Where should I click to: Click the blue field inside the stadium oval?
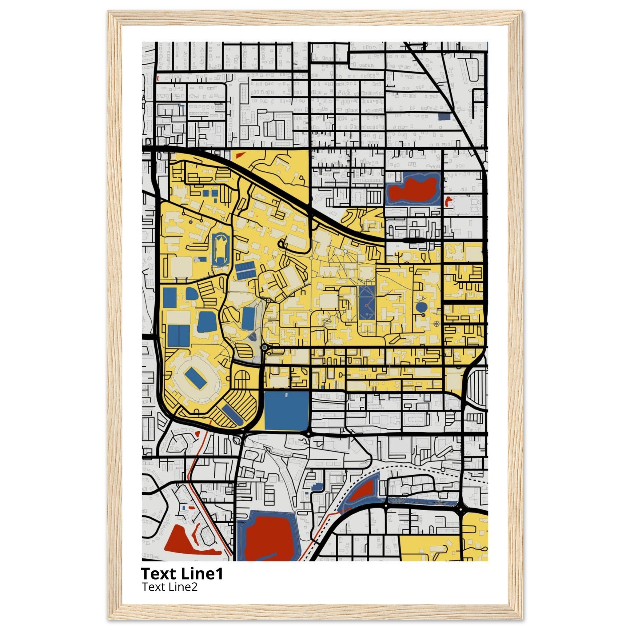196,378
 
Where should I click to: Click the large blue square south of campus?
286,411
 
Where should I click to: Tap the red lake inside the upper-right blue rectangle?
413,190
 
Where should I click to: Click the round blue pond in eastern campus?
422,307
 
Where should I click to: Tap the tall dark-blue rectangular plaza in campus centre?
367,302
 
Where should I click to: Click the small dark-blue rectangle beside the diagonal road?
444,117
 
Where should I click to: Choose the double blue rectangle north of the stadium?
178,336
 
